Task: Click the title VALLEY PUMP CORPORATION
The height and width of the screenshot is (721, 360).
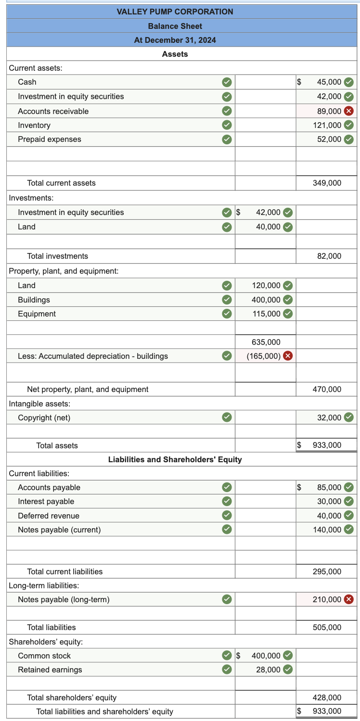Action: tap(175, 12)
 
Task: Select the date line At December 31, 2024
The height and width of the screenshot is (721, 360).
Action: tap(175, 40)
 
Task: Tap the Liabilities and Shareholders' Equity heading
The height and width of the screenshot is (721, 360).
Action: tap(175, 459)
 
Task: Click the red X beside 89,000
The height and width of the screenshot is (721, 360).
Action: tap(349, 111)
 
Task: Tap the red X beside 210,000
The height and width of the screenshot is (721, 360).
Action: tap(349, 599)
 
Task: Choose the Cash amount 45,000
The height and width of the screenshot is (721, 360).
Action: tap(329, 82)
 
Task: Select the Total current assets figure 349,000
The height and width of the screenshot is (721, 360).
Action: tap(327, 183)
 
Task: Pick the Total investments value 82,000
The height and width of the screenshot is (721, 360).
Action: tap(329, 256)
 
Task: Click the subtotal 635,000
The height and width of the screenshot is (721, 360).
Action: tap(266, 342)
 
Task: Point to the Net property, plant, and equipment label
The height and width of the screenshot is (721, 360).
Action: tap(88, 389)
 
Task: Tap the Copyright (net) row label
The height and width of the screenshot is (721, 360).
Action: tap(44, 417)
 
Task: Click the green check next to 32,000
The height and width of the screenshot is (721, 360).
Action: tap(349, 417)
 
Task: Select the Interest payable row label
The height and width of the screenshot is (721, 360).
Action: tap(46, 501)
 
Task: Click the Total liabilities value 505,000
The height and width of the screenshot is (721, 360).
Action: tap(327, 627)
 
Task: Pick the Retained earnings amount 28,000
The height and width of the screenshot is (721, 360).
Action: tap(268, 670)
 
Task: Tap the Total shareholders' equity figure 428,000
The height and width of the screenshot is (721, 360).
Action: tap(327, 697)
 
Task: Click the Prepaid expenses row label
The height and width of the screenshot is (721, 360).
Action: tap(50, 139)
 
